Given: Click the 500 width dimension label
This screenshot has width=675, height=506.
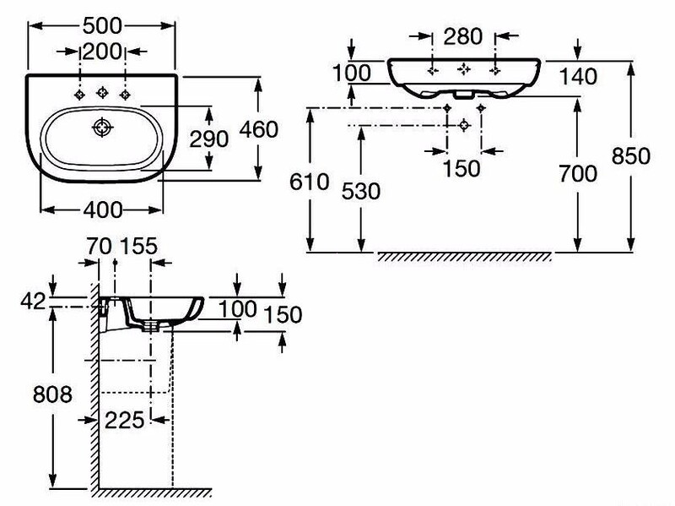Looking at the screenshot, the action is pos(102,26).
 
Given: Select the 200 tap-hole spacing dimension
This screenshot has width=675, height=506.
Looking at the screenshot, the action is pos(102,52).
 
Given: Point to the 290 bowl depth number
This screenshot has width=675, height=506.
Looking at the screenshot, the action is pos(209,139).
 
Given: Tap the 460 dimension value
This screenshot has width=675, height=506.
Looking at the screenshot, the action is pos(259,129).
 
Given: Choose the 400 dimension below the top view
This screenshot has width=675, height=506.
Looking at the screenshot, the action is pos(102,209).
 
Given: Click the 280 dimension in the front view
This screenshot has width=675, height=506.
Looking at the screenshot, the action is pos(462,36).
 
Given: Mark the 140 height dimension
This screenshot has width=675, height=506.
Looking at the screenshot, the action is pos(578,77).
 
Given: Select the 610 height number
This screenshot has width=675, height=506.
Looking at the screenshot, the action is pos(309,182).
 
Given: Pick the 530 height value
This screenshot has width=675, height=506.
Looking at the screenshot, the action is pos(361,191).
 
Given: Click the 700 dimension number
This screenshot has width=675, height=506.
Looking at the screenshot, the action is pos(578,173).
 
